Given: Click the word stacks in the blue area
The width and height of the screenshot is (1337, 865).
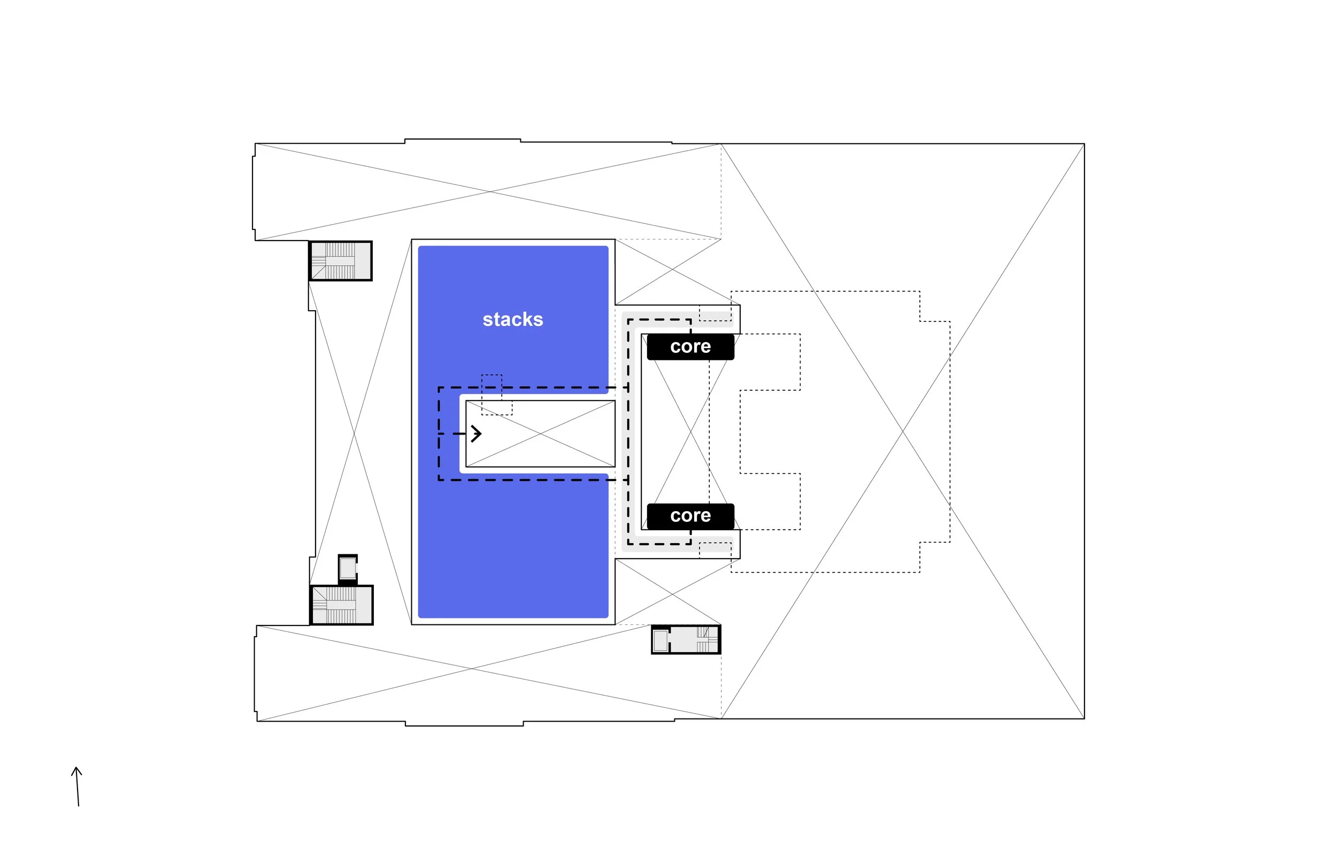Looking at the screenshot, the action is (x=513, y=319).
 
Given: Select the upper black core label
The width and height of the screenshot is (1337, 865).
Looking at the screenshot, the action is (x=690, y=346).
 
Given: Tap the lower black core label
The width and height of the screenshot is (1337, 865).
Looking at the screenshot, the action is (x=690, y=515).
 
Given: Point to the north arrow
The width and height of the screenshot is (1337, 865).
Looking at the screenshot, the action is (x=77, y=786).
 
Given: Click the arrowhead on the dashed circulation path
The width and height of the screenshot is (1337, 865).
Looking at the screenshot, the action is (x=476, y=434).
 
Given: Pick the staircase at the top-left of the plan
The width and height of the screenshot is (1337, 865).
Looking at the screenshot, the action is (x=341, y=261).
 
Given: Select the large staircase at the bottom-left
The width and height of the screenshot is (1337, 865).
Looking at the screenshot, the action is (x=342, y=605).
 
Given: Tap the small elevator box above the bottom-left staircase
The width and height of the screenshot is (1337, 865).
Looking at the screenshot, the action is (x=348, y=568).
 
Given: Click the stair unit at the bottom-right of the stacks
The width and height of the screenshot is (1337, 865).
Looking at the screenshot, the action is (x=686, y=640).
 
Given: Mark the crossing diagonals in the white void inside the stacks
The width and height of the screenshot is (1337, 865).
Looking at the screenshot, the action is (x=541, y=434).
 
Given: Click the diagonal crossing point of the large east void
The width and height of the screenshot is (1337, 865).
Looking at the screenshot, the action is (x=903, y=431).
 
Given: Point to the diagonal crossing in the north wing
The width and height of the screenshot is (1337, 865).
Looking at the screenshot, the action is (x=488, y=192).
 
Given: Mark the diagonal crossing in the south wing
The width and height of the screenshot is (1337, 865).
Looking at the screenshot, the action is (x=471, y=668).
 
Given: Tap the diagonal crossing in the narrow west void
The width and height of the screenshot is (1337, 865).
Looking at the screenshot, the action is (x=354, y=433).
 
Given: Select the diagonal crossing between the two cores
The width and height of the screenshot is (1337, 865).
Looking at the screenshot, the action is (x=690, y=431).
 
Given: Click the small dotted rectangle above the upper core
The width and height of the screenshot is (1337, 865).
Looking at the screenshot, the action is (x=715, y=313).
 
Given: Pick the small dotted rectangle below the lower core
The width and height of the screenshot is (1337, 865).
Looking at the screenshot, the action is (x=715, y=551).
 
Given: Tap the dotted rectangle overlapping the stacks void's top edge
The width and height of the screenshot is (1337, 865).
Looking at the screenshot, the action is (x=497, y=395).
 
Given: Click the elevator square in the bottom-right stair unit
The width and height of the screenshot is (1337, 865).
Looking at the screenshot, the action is (x=660, y=640).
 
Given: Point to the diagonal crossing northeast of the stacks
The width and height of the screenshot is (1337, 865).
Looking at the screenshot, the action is (x=672, y=270).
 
